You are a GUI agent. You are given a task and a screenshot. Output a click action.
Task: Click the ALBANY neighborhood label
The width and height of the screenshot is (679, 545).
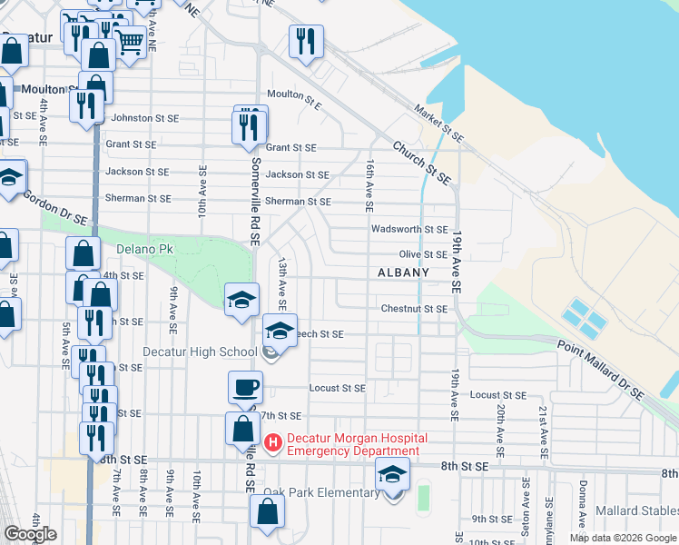(x=403, y=272)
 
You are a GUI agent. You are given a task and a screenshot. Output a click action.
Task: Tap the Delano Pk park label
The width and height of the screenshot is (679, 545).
(x=144, y=248)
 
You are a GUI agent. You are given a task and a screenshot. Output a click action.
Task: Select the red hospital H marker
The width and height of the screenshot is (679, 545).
(x=272, y=443)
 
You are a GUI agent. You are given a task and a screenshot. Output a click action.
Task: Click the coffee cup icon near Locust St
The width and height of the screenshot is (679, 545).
(x=245, y=388)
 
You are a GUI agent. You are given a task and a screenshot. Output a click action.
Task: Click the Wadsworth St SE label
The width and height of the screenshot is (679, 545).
(x=409, y=230)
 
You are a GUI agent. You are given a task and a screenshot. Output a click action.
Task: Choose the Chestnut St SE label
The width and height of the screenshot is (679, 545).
(x=413, y=309)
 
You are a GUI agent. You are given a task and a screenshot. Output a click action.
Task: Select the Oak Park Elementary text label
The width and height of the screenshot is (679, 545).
(x=321, y=493)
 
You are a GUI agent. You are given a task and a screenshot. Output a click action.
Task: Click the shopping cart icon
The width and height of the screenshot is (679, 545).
(x=130, y=39)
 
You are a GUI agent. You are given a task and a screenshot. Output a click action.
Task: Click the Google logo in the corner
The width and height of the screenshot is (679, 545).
(x=31, y=534)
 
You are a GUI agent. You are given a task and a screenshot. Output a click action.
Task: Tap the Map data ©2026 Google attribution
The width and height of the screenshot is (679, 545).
(x=622, y=538)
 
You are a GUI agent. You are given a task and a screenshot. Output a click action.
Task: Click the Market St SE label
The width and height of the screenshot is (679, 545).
(x=438, y=124)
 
